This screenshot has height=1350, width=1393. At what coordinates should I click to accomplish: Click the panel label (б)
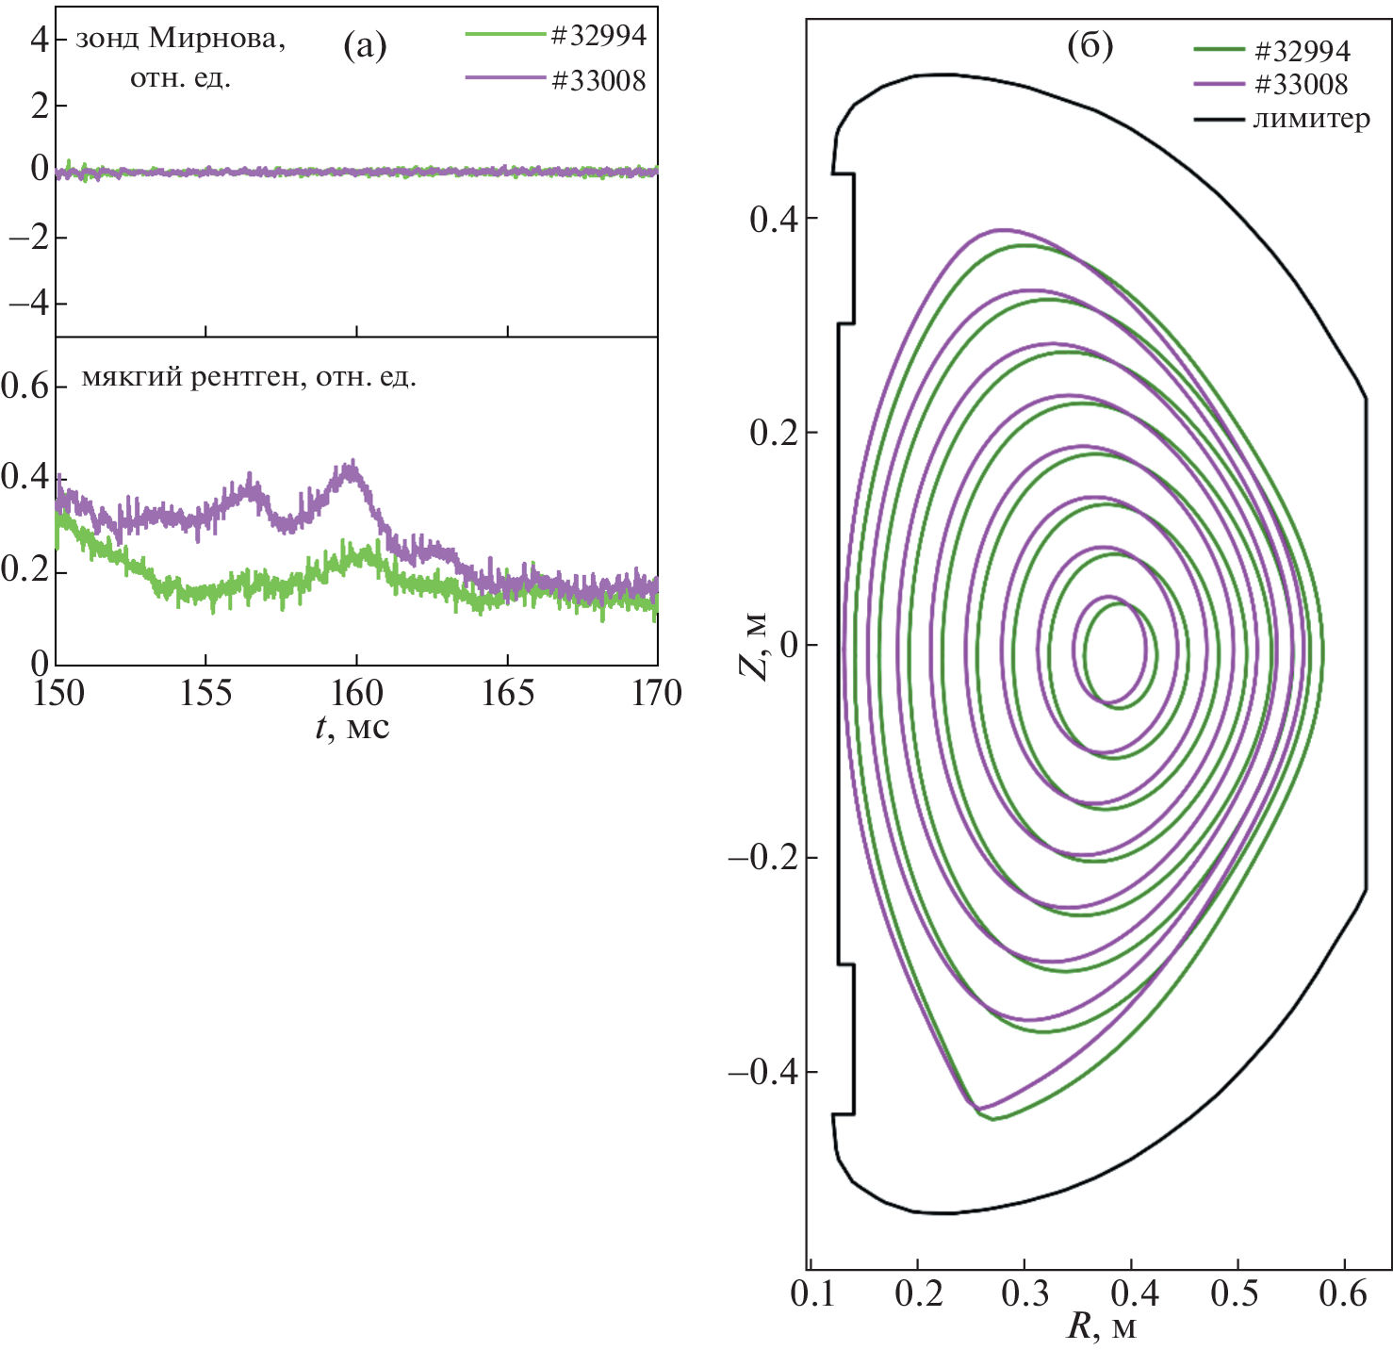(x=1090, y=44)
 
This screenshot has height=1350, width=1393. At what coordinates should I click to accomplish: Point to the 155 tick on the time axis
(x=205, y=694)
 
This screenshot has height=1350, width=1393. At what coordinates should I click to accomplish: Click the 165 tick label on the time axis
(x=507, y=694)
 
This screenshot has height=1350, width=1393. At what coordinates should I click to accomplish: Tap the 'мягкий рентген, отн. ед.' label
(x=249, y=378)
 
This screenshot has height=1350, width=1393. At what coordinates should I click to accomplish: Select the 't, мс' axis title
(x=352, y=728)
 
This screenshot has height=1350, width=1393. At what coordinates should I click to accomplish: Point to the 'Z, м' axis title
(x=753, y=647)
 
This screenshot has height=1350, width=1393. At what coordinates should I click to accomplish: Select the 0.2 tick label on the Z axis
(x=771, y=433)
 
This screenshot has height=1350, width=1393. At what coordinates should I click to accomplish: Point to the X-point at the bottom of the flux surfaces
(x=980, y=1111)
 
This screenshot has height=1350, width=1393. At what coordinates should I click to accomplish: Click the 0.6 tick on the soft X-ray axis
(x=26, y=386)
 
